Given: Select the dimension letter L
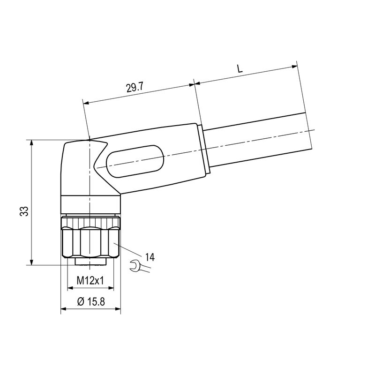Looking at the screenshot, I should click(240, 68).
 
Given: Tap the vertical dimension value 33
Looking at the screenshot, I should click(24, 211).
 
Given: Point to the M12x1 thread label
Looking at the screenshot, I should click(90, 280).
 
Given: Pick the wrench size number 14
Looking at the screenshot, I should click(150, 256).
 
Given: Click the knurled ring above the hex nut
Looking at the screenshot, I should click(90, 220).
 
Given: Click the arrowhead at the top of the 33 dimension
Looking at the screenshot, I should click(31, 143).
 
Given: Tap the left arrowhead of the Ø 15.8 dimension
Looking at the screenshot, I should click(64, 310).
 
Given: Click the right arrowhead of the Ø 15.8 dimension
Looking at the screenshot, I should click(118, 310).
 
